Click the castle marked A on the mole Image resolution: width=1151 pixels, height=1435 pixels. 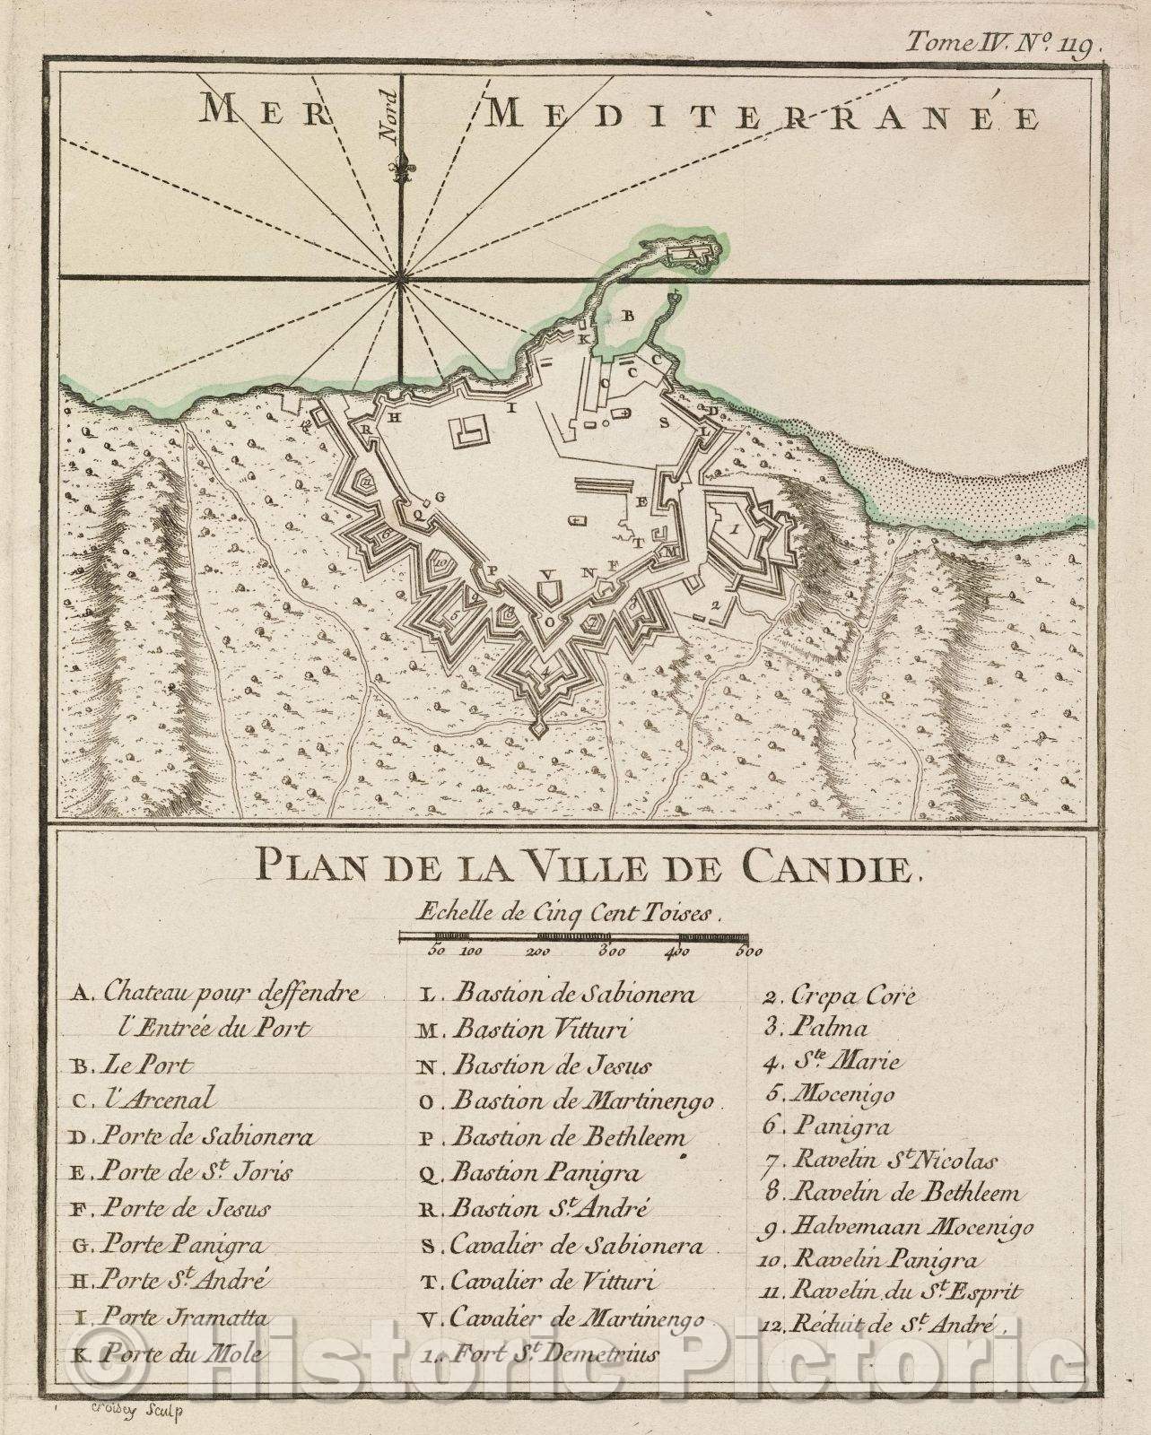(691, 255)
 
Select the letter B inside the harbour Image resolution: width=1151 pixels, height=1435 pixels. (629, 316)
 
